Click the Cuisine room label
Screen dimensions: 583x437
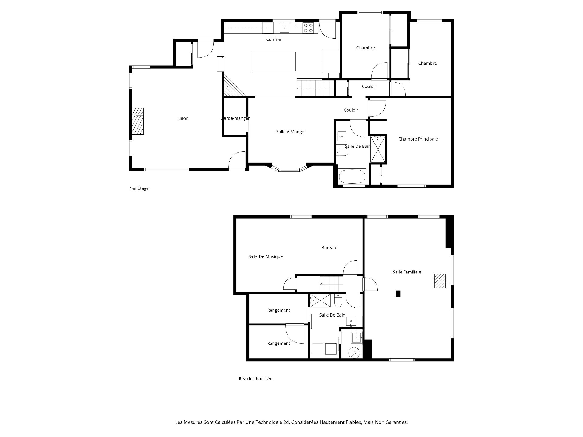point(273,39)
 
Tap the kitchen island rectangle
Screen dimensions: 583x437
point(274,61)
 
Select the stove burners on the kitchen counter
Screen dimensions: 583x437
point(309,28)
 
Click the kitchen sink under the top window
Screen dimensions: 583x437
point(285,28)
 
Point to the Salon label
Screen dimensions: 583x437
point(183,118)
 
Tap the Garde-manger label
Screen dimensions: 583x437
point(235,118)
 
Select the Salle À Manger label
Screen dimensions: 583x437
point(291,132)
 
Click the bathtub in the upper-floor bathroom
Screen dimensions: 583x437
point(352,176)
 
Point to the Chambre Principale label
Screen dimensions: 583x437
point(418,139)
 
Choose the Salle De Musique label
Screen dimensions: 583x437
point(265,256)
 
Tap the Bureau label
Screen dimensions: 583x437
point(329,248)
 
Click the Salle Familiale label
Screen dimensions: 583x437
point(407,272)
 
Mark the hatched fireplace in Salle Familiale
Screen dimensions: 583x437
point(440,281)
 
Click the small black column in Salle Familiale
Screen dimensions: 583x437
point(398,294)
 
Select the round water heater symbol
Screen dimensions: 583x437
point(354,353)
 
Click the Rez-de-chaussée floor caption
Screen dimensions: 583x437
point(255,379)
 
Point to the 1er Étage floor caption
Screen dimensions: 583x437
point(139,188)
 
